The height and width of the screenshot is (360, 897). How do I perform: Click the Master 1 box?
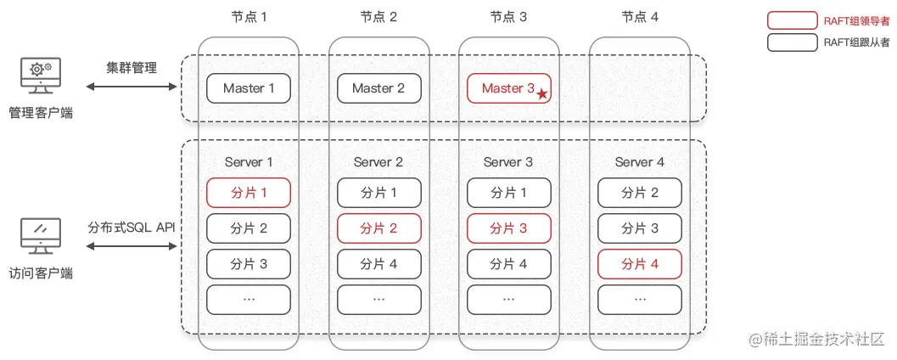(249, 88)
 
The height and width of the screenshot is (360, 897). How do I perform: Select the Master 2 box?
(378, 88)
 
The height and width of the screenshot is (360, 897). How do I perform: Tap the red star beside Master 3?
(541, 94)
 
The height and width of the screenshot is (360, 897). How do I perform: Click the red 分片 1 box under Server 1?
(249, 193)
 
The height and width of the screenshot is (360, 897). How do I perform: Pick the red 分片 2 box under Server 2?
(378, 228)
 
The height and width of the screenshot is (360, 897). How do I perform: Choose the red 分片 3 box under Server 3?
(509, 228)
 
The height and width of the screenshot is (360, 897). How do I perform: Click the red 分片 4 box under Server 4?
(640, 264)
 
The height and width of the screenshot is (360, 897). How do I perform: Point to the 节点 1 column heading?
(249, 17)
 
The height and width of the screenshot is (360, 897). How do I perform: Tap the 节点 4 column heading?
(640, 17)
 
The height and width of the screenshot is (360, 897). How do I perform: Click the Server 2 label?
(378, 162)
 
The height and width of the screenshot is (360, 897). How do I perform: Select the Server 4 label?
(640, 162)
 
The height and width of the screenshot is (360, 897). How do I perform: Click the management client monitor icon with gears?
(41, 76)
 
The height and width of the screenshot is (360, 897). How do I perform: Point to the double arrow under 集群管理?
(132, 87)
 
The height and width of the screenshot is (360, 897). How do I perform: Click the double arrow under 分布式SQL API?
(132, 246)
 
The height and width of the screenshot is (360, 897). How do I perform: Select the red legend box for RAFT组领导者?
(793, 20)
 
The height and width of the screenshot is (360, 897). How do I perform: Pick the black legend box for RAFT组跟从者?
(793, 42)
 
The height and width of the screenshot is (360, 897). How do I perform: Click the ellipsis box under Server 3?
(509, 300)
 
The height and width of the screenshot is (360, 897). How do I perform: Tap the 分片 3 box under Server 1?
(249, 264)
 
